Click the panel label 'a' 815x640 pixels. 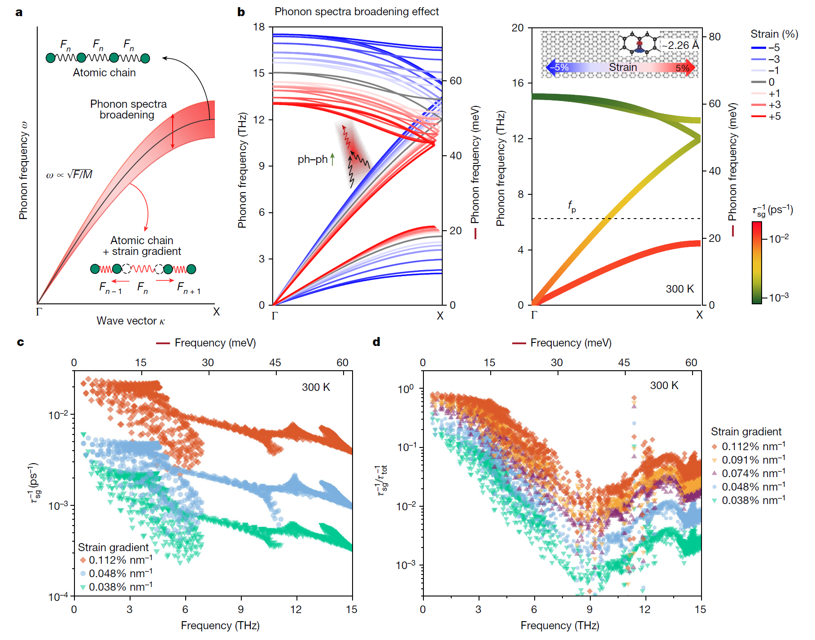[x=19, y=12]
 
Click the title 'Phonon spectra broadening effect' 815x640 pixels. [x=357, y=12]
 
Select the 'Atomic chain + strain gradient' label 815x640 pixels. [x=142, y=246]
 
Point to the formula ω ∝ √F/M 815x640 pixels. [x=69, y=175]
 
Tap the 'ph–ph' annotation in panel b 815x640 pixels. [x=313, y=160]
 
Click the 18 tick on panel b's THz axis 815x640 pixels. [x=259, y=27]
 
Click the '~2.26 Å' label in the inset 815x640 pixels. [x=680, y=45]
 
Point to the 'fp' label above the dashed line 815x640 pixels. [x=572, y=206]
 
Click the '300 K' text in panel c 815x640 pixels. [x=316, y=387]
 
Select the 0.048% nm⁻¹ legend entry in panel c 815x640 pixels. [x=116, y=574]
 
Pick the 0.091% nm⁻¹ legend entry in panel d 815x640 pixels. [x=749, y=460]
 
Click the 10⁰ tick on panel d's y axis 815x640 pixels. [x=405, y=389]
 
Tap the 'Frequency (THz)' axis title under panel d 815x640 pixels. [x=560, y=626]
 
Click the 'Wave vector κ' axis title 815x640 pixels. [x=131, y=321]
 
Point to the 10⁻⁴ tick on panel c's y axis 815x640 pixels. [x=58, y=596]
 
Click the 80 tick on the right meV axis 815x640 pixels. [x=715, y=37]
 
